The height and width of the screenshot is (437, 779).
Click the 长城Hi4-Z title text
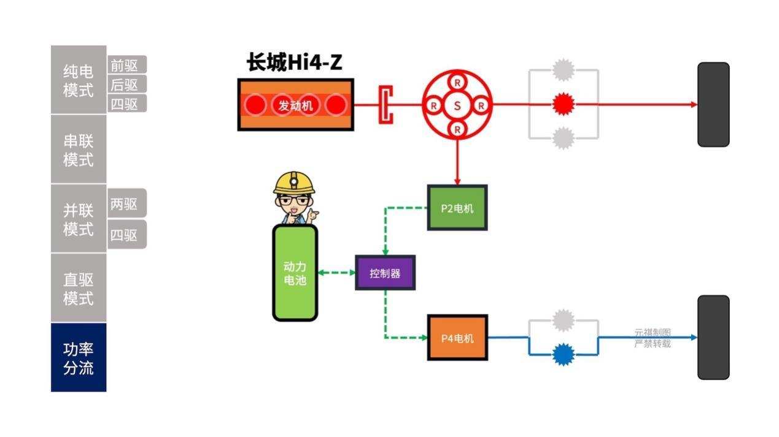tap(295, 62)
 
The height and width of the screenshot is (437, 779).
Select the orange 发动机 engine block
tap(295, 105)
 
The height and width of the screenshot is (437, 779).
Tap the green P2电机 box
tap(457, 208)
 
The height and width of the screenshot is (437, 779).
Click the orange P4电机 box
tap(457, 338)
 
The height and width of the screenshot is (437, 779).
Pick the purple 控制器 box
tap(385, 273)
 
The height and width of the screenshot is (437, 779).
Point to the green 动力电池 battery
tap(295, 273)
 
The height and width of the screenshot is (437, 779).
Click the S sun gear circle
tap(457, 105)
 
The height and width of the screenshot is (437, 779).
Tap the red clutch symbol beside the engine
tap(386, 105)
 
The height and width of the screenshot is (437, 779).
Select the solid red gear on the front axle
tap(562, 105)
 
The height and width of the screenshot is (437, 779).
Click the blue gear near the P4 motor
tap(563, 354)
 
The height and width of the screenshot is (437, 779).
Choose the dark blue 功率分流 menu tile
tap(79, 358)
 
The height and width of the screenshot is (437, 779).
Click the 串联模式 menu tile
tap(79, 150)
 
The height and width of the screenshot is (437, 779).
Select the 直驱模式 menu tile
tap(79, 289)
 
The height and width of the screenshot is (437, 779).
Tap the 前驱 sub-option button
tap(127, 65)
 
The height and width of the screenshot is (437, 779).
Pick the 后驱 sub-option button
tap(127, 85)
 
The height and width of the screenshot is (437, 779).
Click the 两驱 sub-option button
tap(127, 203)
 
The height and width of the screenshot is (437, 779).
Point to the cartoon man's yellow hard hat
tap(293, 182)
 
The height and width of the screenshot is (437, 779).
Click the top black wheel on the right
tap(713, 105)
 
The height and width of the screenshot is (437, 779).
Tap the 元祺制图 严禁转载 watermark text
tap(652, 338)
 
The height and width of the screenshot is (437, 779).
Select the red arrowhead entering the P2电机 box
tap(457, 181)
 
